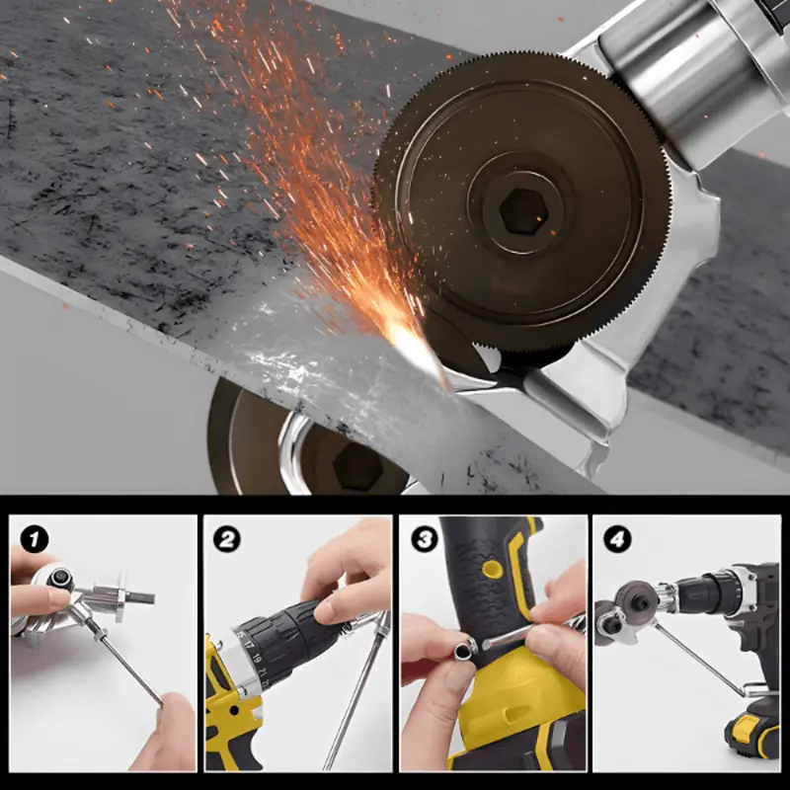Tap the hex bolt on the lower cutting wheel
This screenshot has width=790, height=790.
pos(358,468)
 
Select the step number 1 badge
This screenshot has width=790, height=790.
pos(35,539)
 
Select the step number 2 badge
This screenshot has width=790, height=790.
pos(227,539)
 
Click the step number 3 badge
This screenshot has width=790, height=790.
pos(425,539)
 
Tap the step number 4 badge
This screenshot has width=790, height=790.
pos(617,539)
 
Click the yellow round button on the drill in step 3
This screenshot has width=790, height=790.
pos(492,570)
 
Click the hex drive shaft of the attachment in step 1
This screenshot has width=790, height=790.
pos(139,597)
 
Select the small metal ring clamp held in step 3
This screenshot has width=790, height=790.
pos(464,650)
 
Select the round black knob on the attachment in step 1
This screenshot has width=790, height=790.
pos(61,578)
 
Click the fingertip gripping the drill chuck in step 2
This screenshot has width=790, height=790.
pos(328,611)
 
